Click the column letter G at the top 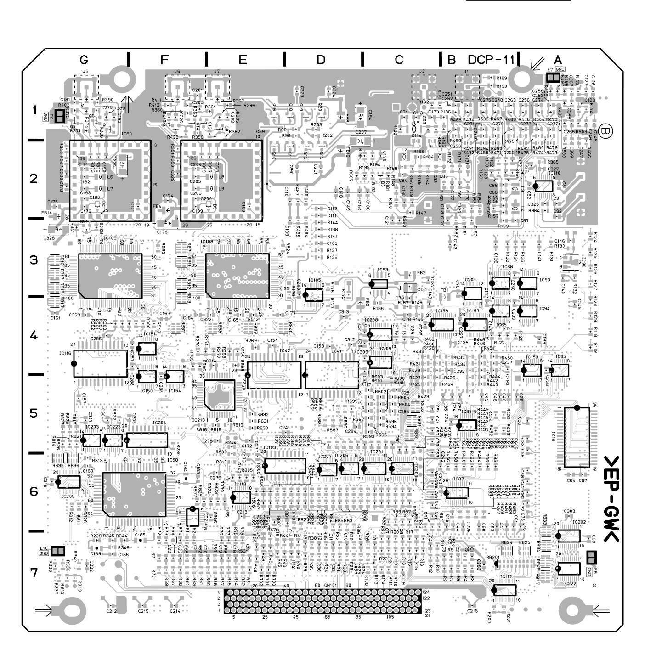(x=83, y=60)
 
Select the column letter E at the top (x=243, y=60)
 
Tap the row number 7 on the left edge (x=34, y=572)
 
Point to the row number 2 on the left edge (x=34, y=179)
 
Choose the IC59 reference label (x=259, y=132)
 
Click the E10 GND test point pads (x=58, y=551)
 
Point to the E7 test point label (x=549, y=69)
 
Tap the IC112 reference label (x=505, y=577)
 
